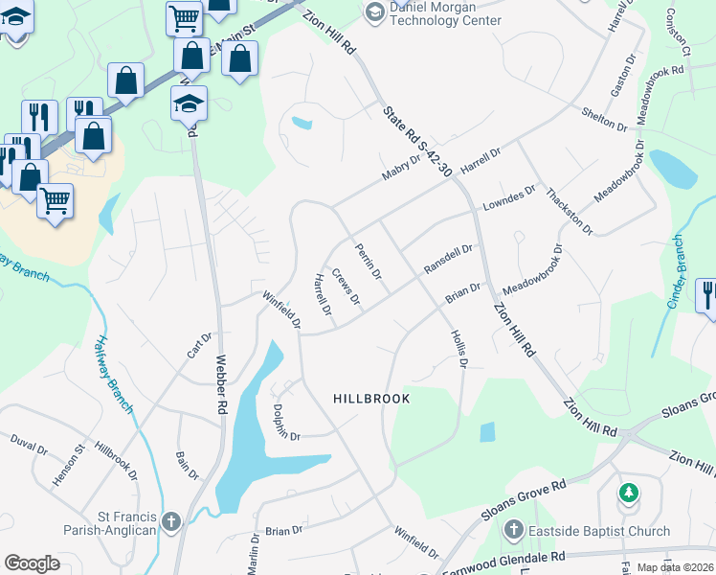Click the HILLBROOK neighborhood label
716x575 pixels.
(371, 399)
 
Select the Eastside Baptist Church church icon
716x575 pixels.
(514, 530)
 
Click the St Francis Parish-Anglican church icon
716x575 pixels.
(171, 522)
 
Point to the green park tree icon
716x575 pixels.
(628, 494)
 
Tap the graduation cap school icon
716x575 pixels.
(189, 103)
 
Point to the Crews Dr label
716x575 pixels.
(346, 287)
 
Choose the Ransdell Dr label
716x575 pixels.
(449, 260)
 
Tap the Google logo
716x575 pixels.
(32, 563)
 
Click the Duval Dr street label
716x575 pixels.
(29, 447)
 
